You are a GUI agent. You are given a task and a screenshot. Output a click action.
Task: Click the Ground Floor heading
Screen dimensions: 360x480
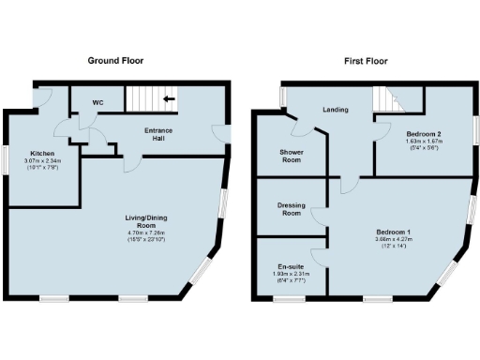115,60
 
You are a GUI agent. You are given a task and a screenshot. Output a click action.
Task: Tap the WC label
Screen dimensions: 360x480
98,103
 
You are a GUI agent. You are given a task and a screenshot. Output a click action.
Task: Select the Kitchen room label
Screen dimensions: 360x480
42,153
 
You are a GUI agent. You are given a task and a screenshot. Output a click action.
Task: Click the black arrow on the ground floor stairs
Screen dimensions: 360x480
171,97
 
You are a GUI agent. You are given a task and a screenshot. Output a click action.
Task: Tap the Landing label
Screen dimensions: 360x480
335,110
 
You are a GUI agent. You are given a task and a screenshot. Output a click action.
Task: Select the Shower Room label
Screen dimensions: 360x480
292,155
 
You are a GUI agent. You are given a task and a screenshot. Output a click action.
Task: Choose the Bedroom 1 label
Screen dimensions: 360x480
394,231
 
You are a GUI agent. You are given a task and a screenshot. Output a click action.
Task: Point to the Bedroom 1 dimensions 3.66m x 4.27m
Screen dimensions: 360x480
394,240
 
